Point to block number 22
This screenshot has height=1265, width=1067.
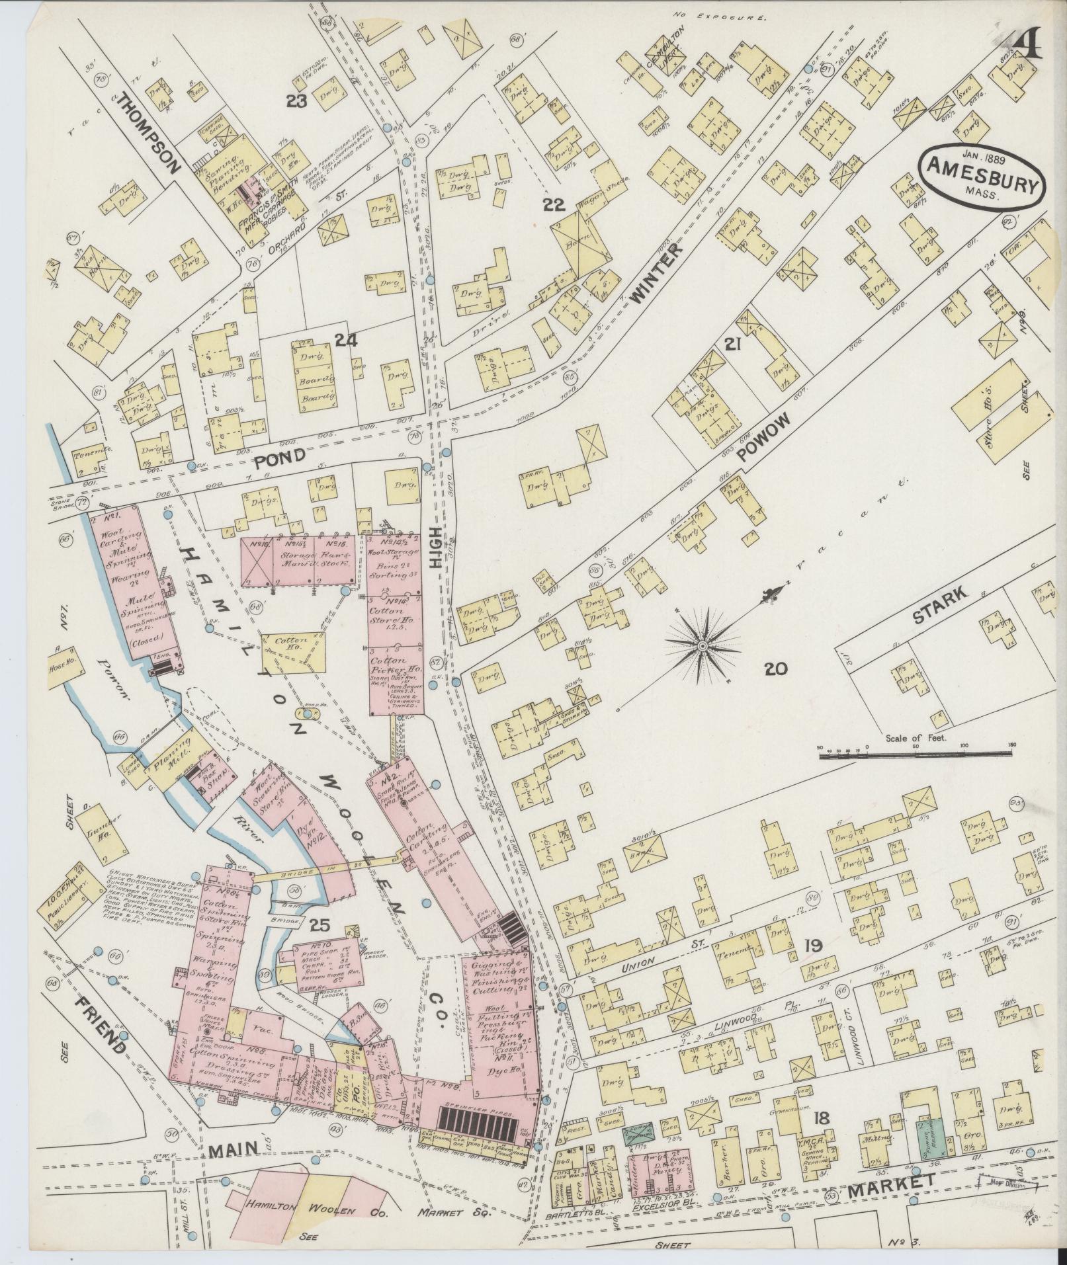(x=554, y=204)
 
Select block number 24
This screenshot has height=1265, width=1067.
(x=346, y=340)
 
